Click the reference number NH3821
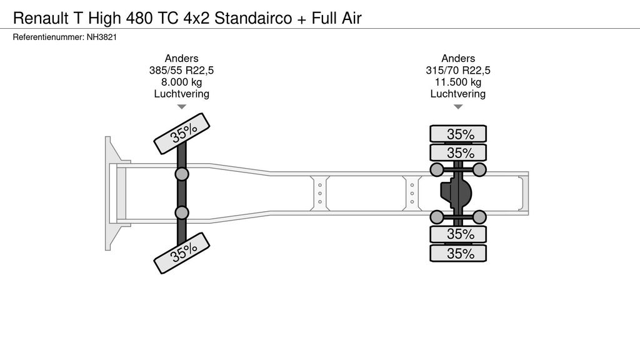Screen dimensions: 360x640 [x=102, y=37]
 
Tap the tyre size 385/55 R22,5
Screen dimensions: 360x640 [x=181, y=70]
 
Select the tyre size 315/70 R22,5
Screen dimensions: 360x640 [x=457, y=70]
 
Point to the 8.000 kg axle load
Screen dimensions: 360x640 [x=181, y=82]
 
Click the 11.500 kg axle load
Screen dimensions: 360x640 [x=457, y=82]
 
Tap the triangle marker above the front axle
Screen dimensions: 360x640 [x=181, y=107]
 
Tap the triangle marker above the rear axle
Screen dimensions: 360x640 [x=457, y=107]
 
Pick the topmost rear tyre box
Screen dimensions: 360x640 [x=457, y=134]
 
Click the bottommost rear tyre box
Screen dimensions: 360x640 [x=457, y=253]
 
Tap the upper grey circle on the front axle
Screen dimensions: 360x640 [x=182, y=174]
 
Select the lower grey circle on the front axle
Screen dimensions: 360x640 [x=182, y=213]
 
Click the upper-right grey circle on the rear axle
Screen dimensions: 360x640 [x=479, y=169]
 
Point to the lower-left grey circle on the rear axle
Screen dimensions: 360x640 [x=437, y=217]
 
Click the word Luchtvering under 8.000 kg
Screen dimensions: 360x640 [x=181, y=94]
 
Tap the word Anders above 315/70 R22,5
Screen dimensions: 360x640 [x=457, y=58]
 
